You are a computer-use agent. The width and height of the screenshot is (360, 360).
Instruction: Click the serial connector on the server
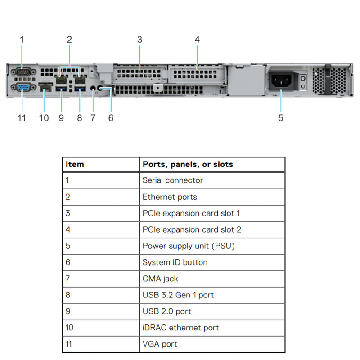point(22,71)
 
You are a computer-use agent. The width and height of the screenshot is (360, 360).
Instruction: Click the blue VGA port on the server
point(22,87)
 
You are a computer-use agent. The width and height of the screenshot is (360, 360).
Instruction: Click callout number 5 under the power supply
point(281,118)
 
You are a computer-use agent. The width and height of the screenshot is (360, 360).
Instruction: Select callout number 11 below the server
point(22,118)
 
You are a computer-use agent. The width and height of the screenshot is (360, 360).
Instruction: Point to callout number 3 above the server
point(139,40)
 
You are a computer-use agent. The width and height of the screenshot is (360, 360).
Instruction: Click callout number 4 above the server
point(197,40)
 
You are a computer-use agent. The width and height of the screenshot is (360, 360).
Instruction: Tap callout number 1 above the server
point(22,40)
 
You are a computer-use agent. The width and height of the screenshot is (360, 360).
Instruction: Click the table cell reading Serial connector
point(172,180)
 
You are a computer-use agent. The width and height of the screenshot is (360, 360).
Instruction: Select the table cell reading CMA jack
point(160,279)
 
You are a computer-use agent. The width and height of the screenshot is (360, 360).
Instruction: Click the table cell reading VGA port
point(160,344)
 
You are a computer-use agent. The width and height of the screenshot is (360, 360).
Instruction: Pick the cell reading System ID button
point(175,262)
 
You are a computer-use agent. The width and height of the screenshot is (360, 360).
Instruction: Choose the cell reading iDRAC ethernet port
point(180,328)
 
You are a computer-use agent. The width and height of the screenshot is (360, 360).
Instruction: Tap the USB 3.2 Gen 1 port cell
point(178,295)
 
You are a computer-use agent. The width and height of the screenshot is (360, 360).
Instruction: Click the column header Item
point(75,164)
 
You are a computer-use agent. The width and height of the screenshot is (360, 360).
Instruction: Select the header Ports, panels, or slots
point(188,164)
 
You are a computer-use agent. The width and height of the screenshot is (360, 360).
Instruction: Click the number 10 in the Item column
point(70,328)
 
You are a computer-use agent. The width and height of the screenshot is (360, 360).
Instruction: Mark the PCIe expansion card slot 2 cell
point(192,229)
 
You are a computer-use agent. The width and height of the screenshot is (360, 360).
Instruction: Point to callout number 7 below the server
point(93,118)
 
